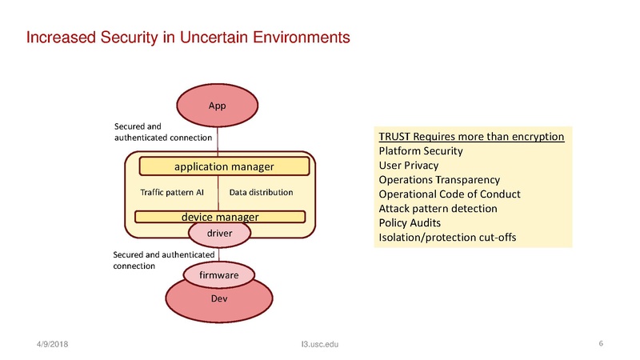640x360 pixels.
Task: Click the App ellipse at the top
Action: (218, 105)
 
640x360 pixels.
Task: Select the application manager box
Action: (224, 166)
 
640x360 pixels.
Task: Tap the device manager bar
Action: (220, 216)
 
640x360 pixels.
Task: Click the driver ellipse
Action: (219, 233)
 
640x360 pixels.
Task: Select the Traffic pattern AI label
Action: (172, 193)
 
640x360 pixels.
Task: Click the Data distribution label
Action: (261, 193)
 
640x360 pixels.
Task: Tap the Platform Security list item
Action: (420, 150)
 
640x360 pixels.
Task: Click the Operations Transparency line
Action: (438, 179)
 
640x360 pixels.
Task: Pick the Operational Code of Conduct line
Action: (449, 194)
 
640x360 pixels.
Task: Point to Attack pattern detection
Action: (437, 208)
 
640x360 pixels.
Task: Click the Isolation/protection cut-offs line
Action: (446, 237)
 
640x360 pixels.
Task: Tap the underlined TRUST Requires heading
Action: (471, 136)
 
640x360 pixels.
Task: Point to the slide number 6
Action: (600, 343)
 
